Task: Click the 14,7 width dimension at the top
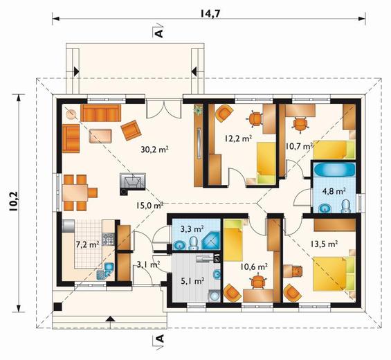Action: [x=210, y=14]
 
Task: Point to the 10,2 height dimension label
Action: [x=13, y=201]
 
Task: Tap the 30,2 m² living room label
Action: [x=154, y=149]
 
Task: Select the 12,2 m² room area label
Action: [x=238, y=138]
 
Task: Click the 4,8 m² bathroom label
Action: [x=334, y=191]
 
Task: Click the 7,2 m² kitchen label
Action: [x=88, y=244]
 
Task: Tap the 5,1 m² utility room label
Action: [x=193, y=281]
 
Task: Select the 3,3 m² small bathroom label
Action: [x=192, y=228]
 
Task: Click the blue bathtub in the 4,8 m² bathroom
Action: [x=334, y=170]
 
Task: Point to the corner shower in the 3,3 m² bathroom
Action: [x=210, y=240]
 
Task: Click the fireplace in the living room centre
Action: [x=133, y=183]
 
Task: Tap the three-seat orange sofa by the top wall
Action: [x=100, y=113]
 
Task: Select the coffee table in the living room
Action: [x=100, y=136]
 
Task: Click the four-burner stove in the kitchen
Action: [x=109, y=239]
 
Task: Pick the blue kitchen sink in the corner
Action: [x=105, y=271]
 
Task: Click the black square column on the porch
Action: [x=57, y=307]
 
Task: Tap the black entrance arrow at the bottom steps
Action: [x=111, y=318]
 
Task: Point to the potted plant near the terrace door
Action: [x=199, y=109]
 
